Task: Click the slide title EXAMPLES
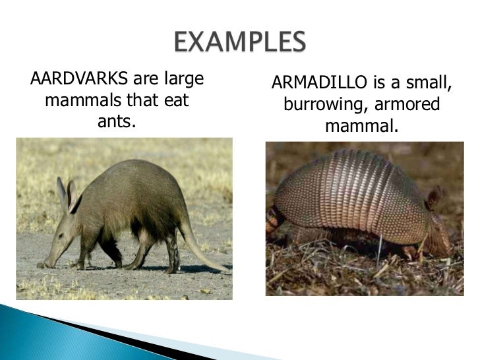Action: [241, 44]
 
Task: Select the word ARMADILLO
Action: [311, 84]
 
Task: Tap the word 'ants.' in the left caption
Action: [116, 121]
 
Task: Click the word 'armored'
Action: [407, 105]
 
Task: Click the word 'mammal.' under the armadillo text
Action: [361, 125]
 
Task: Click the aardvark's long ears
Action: [65, 193]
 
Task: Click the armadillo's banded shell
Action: [349, 191]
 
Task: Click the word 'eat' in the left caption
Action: [176, 102]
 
